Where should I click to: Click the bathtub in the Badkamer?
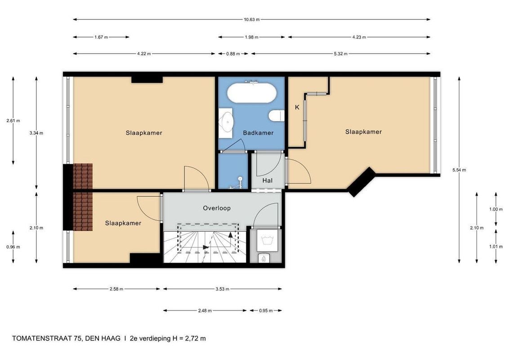[x=252, y=93]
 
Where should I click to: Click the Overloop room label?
[x=217, y=208]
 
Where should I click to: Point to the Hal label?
[x=268, y=180]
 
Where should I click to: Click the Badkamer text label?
[x=258, y=133]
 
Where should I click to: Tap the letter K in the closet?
[x=297, y=107]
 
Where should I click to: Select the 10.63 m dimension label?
[x=252, y=19]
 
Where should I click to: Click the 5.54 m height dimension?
[x=459, y=170]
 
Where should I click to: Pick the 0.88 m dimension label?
[x=233, y=54]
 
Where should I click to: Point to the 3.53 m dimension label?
[x=223, y=289]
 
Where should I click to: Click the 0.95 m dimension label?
[x=266, y=310]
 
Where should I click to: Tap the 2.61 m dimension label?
[x=13, y=121]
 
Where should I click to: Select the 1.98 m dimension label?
[x=252, y=37]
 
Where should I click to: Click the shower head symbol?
[x=240, y=179]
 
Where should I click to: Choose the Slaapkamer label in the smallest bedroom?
[x=123, y=223]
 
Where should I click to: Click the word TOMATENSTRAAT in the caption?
[x=42, y=338]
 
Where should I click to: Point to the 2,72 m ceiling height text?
[x=195, y=338]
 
